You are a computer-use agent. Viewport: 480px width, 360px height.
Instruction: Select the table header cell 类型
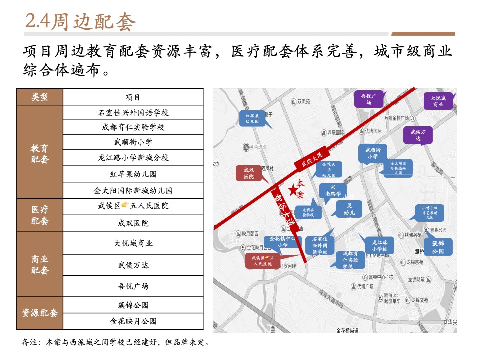39,97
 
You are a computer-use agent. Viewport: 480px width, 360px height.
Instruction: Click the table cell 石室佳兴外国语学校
133,113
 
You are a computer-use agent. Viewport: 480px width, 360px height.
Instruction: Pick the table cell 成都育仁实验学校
133,127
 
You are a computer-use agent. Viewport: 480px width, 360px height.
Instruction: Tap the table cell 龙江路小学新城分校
133,158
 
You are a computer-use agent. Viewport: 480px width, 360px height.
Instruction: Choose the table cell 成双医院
133,223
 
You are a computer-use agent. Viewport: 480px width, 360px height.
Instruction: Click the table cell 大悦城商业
133,243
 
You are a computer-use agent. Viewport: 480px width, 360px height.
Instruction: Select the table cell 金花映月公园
133,321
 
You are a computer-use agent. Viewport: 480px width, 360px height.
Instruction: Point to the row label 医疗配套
39,215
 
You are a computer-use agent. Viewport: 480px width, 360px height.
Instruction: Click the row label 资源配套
39,313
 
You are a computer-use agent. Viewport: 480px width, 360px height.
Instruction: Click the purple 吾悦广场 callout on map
369,99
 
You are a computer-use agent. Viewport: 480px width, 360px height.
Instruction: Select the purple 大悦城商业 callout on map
438,101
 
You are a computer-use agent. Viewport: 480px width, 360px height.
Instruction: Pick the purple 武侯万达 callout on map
418,135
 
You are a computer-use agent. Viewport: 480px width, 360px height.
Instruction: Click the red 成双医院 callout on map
249,173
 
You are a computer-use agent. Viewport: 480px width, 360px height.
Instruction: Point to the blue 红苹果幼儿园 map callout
252,118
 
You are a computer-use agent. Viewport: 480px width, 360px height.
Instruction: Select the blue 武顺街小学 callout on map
373,153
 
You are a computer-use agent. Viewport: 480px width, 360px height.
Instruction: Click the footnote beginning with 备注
115,343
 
